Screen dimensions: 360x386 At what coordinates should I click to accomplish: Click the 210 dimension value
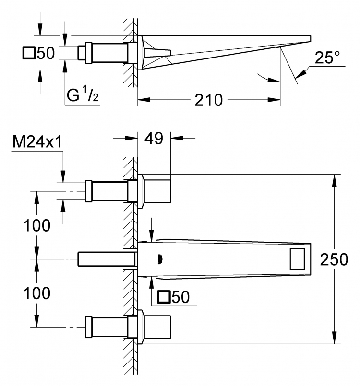[x=208, y=100]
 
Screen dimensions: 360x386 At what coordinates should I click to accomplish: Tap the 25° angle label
[x=327, y=58]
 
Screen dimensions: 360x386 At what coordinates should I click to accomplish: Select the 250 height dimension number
[x=334, y=259]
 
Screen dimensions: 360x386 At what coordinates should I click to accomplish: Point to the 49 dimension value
[x=154, y=138]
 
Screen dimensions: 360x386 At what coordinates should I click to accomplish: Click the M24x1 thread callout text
[x=37, y=142]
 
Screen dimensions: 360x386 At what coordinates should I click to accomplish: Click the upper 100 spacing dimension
[x=37, y=225]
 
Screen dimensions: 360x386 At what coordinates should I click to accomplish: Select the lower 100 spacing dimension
[x=37, y=293]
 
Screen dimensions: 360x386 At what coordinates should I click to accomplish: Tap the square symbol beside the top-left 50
[x=29, y=53]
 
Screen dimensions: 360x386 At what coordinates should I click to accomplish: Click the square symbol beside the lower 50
[x=164, y=297]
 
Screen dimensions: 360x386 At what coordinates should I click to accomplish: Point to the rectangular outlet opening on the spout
[x=297, y=259]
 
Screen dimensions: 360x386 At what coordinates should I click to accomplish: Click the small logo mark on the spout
[x=160, y=259]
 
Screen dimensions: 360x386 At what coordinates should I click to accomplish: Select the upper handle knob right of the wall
[x=157, y=191]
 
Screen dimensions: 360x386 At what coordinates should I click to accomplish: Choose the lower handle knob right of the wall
[x=157, y=327]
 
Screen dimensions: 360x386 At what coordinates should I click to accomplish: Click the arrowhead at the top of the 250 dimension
[x=334, y=180]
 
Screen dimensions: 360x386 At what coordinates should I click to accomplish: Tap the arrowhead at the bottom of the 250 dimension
[x=334, y=338]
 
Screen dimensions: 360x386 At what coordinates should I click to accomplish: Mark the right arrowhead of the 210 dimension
[x=274, y=100]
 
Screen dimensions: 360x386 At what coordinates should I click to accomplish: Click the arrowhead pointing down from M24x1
[x=63, y=176]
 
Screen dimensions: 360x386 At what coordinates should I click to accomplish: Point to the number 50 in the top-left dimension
[x=46, y=53]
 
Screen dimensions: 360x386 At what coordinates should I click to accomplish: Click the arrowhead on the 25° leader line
[x=301, y=73]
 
